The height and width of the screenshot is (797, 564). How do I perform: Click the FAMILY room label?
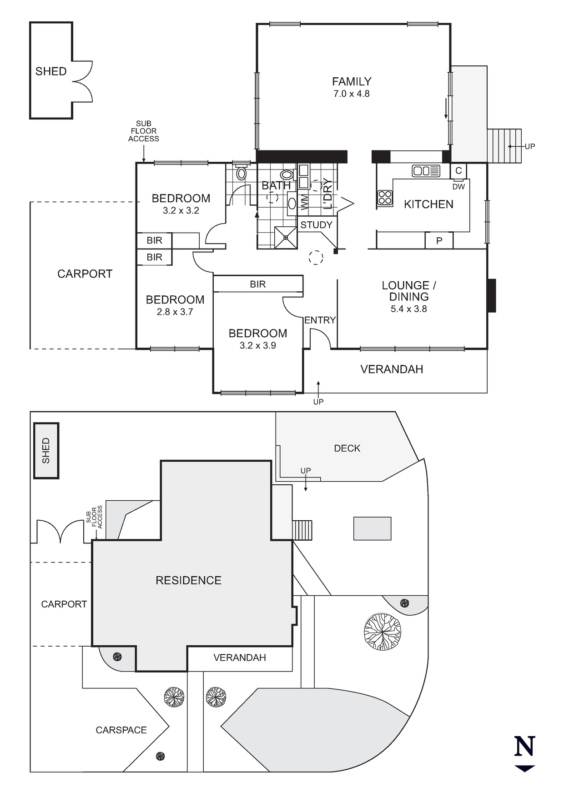[x=352, y=82]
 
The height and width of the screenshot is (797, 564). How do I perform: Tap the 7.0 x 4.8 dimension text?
[x=352, y=94]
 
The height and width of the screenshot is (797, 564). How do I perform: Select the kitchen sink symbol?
[x=426, y=171]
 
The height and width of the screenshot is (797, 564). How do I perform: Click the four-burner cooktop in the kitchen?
[x=385, y=198]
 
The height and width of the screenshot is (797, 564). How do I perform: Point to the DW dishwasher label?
[x=458, y=187]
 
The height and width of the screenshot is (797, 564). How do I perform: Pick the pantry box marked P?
[x=439, y=241]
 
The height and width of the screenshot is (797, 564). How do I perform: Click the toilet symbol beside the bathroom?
[x=242, y=173]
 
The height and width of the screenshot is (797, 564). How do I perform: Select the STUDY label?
[x=317, y=225]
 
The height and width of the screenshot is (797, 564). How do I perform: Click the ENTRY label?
[x=320, y=320]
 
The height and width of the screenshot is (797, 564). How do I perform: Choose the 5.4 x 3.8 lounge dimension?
[x=408, y=309]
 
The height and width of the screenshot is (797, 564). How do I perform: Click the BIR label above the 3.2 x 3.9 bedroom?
[x=257, y=284]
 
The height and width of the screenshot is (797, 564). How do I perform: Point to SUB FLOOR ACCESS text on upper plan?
[x=144, y=131]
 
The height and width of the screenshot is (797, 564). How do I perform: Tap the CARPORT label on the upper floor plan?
[x=85, y=274]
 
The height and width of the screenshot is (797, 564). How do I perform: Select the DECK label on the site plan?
[x=347, y=448]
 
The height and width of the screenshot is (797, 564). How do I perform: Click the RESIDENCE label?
[x=188, y=580]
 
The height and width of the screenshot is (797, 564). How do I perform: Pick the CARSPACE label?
[x=121, y=730]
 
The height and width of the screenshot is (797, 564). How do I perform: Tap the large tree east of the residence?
[x=383, y=632]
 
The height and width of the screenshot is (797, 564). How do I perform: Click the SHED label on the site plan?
[x=46, y=451]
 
